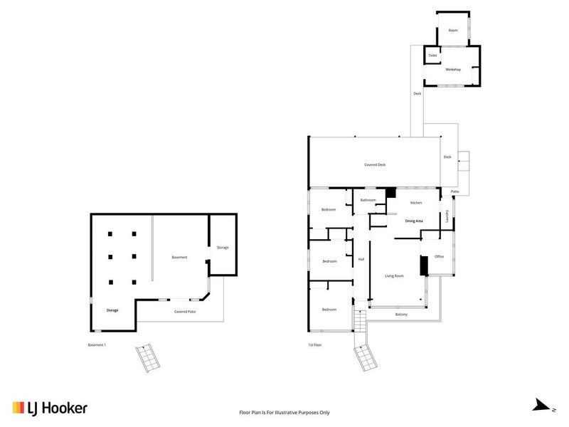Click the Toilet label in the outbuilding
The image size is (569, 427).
(432, 55)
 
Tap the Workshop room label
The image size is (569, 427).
(453, 69)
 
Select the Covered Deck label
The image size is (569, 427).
(375, 164)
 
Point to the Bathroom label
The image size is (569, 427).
(368, 200)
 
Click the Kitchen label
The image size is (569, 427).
(416, 203)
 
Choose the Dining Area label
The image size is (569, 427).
(414, 221)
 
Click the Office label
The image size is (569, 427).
(439, 256)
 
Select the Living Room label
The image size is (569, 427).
(395, 275)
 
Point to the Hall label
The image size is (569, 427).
(361, 259)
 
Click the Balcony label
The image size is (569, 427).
(401, 315)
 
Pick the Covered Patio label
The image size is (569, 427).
(185, 312)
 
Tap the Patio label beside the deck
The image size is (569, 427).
(454, 192)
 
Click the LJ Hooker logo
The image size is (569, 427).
(49, 408)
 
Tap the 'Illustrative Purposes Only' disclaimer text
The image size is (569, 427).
(284, 412)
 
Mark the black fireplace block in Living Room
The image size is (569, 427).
(422, 265)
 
